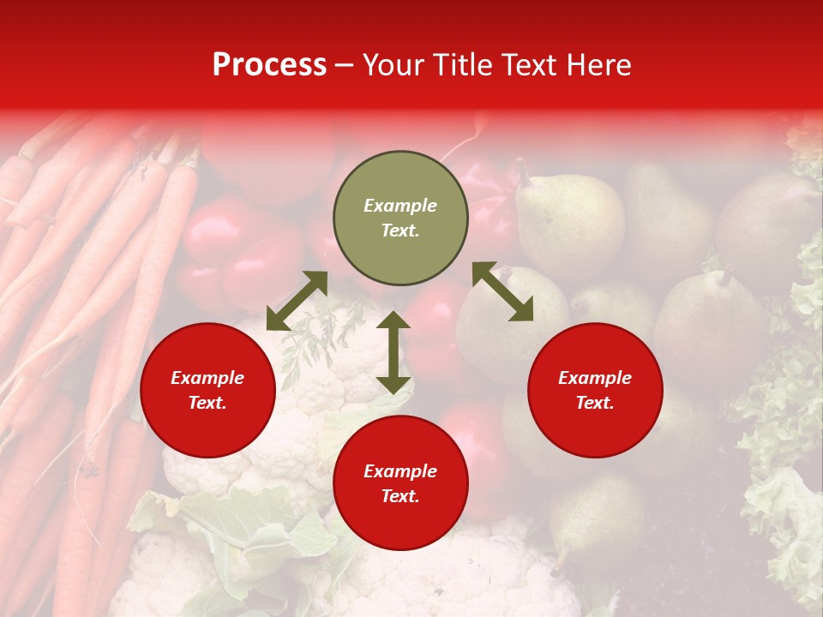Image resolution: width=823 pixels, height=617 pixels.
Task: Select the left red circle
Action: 207,390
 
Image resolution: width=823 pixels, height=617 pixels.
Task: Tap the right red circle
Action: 595,390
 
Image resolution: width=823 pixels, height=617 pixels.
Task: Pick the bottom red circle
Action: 400,483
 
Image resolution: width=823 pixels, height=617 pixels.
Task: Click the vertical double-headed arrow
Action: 393,352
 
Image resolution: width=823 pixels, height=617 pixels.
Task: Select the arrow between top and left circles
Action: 297,301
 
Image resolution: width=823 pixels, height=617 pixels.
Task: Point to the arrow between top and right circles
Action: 502,291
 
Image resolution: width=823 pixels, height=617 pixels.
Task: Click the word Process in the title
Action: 269,65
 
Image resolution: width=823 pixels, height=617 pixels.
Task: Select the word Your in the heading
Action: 394,65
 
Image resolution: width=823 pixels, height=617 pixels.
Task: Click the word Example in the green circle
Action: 400,206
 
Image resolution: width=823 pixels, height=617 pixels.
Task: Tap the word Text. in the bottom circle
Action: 400,496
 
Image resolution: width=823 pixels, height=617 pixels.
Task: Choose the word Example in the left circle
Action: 207,378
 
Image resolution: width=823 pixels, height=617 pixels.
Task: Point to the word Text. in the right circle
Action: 595,403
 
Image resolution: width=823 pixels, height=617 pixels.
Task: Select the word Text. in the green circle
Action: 400,231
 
